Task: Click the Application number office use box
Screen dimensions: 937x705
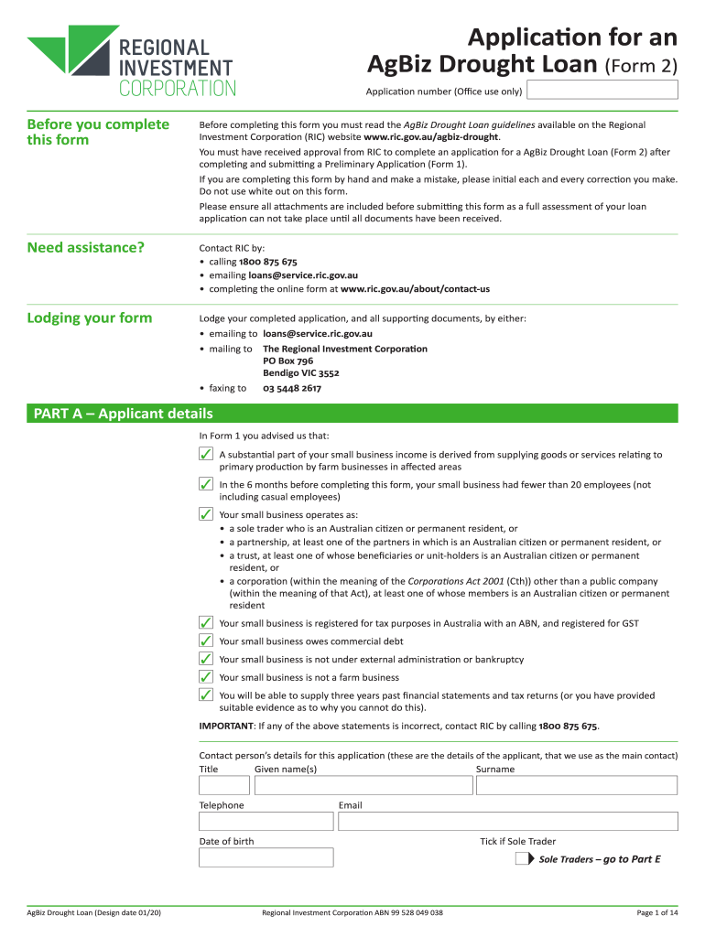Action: point(603,90)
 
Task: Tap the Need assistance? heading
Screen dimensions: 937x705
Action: point(86,247)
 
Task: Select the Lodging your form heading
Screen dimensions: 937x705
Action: point(90,318)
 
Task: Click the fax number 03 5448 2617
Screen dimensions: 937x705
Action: point(292,388)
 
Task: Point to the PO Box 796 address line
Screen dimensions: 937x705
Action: point(288,361)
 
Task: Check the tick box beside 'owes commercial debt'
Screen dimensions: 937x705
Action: point(207,641)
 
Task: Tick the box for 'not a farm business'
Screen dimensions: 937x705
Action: point(207,677)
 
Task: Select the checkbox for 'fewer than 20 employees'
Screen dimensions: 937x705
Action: point(207,484)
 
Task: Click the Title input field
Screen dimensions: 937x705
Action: point(224,785)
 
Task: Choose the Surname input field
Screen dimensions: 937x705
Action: point(576,785)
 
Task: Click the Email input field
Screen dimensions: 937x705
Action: point(507,821)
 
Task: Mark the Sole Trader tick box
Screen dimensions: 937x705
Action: point(521,859)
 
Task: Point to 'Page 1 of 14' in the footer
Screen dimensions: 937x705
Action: point(657,912)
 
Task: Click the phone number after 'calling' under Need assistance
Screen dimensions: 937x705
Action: point(267,262)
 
